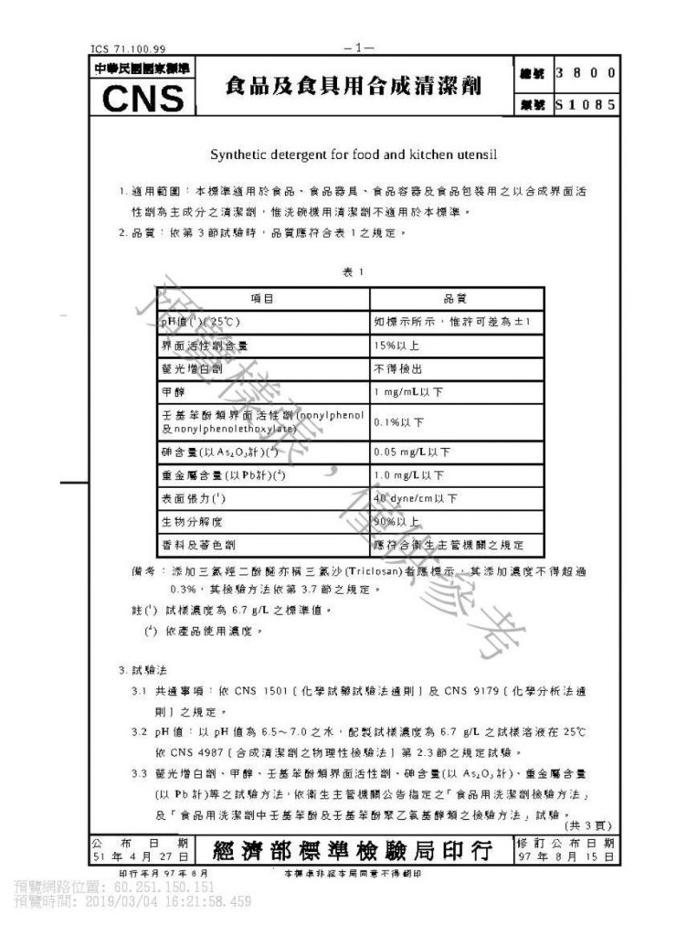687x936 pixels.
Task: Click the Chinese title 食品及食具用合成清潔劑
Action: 353,87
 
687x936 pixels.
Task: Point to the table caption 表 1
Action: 353,271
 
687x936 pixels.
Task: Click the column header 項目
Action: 263,299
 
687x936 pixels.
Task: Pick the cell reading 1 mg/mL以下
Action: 407,392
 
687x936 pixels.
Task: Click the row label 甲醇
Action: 173,392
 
